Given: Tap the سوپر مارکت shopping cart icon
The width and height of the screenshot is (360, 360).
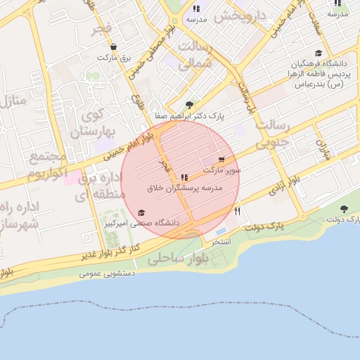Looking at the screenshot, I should pyautogui.click(x=222, y=160).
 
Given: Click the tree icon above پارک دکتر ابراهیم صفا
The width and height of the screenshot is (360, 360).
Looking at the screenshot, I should pyautogui.click(x=189, y=104).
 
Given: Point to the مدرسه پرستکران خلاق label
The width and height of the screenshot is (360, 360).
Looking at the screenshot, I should pyautogui.click(x=185, y=188).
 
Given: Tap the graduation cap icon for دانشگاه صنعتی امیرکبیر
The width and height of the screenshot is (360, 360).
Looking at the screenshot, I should pyautogui.click(x=141, y=212).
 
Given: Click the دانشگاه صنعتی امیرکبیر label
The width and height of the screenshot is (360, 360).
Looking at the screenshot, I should pyautogui.click(x=142, y=223).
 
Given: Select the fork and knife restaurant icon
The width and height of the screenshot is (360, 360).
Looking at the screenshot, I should pyautogui.click(x=238, y=211).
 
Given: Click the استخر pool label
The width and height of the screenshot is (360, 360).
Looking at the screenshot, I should pyautogui.click(x=221, y=241).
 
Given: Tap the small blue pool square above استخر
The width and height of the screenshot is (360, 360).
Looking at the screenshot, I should pyautogui.click(x=221, y=231).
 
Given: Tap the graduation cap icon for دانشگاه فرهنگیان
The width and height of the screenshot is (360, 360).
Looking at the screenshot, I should pyautogui.click(x=319, y=53).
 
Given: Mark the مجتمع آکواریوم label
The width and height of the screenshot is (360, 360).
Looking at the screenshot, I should pyautogui.click(x=49, y=165).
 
